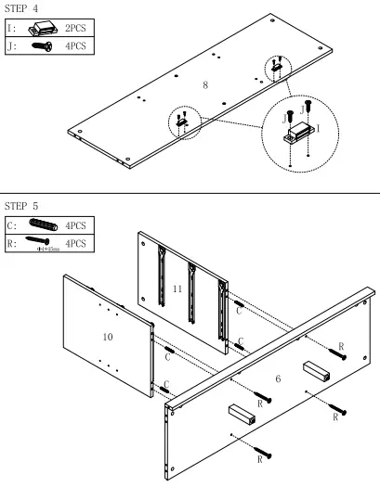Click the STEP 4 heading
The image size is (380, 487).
pyautogui.click(x=22, y=8)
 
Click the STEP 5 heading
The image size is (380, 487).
pyautogui.click(x=22, y=204)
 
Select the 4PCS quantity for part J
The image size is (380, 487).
pyautogui.click(x=75, y=45)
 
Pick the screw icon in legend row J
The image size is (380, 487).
pyautogui.click(x=41, y=45)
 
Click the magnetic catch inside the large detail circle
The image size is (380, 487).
pyautogui.click(x=297, y=135)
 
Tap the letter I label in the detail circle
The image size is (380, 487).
pyautogui.click(x=319, y=127)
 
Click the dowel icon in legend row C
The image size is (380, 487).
pyautogui.click(x=43, y=225)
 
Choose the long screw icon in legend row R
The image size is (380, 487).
pyautogui.click(x=43, y=242)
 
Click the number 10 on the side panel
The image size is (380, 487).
pyautogui.click(x=108, y=337)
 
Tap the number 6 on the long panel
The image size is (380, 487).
pyautogui.click(x=278, y=378)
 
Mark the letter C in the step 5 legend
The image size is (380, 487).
pyautogui.click(x=11, y=225)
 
